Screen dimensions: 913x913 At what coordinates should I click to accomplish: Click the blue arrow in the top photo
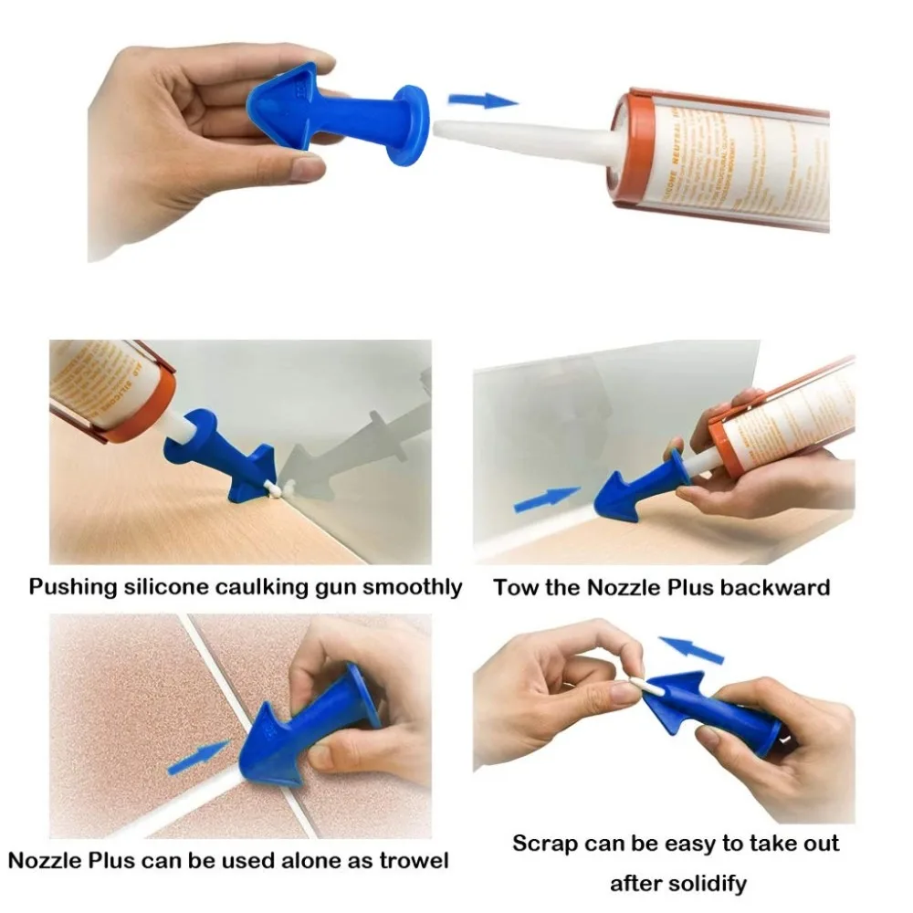(484, 100)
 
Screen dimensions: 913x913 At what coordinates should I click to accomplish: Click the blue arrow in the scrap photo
(690, 649)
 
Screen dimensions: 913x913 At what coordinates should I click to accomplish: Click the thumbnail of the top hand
(308, 166)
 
